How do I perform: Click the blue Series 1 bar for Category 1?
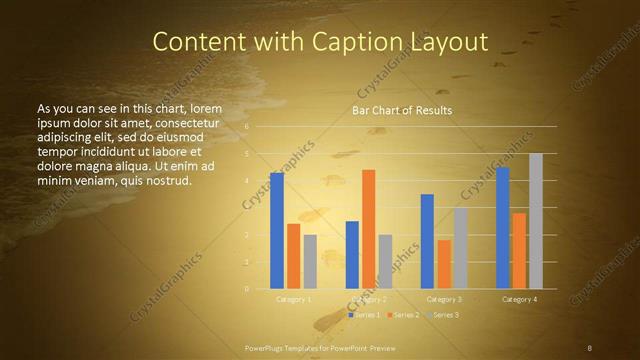tap(277, 231)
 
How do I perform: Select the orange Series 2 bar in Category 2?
tap(369, 229)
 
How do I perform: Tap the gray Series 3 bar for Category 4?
tap(536, 221)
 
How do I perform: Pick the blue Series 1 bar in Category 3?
tap(427, 241)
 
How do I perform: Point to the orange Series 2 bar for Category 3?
tap(444, 264)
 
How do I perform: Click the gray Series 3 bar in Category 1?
tap(310, 262)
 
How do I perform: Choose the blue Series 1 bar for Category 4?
tap(503, 228)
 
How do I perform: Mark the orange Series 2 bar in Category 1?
tap(293, 256)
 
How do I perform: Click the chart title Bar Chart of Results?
tap(402, 110)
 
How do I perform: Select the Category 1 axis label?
tap(293, 299)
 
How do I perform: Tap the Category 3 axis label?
tap(444, 299)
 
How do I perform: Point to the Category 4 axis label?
tap(519, 299)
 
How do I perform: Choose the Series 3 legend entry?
tap(445, 315)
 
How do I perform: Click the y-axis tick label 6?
tap(247, 127)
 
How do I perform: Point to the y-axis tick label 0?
tap(247, 289)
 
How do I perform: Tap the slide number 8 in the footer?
tap(589, 347)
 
